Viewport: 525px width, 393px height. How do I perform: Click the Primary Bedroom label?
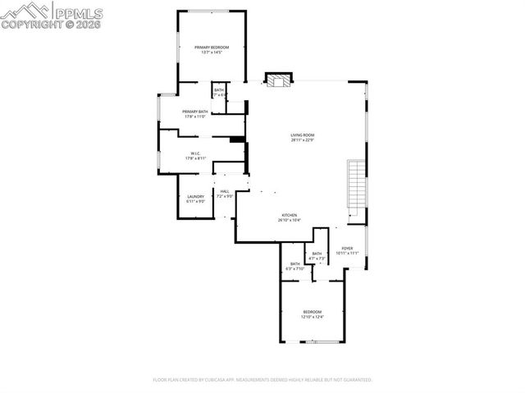click(212, 48)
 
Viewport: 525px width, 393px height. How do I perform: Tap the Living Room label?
click(302, 135)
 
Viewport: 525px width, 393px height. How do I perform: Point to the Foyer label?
click(347, 248)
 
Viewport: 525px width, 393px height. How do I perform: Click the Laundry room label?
click(195, 196)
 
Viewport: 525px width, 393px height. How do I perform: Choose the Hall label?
click(225, 191)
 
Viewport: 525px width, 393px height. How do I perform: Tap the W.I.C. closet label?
click(195, 153)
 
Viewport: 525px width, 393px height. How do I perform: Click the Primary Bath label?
click(195, 112)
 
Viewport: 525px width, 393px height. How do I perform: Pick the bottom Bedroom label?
click(313, 312)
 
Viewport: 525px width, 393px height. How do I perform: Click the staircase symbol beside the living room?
click(355, 185)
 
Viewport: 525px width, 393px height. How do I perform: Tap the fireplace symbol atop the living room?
click(277, 80)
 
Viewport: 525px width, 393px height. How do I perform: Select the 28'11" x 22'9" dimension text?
click(302, 140)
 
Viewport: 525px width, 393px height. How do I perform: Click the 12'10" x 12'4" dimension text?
click(313, 317)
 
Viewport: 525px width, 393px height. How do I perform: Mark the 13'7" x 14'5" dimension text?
click(212, 53)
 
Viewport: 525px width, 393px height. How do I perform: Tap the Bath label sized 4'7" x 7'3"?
click(317, 254)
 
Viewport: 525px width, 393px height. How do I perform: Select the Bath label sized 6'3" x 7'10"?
click(295, 263)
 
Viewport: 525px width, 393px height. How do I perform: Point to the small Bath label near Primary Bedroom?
click(219, 90)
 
